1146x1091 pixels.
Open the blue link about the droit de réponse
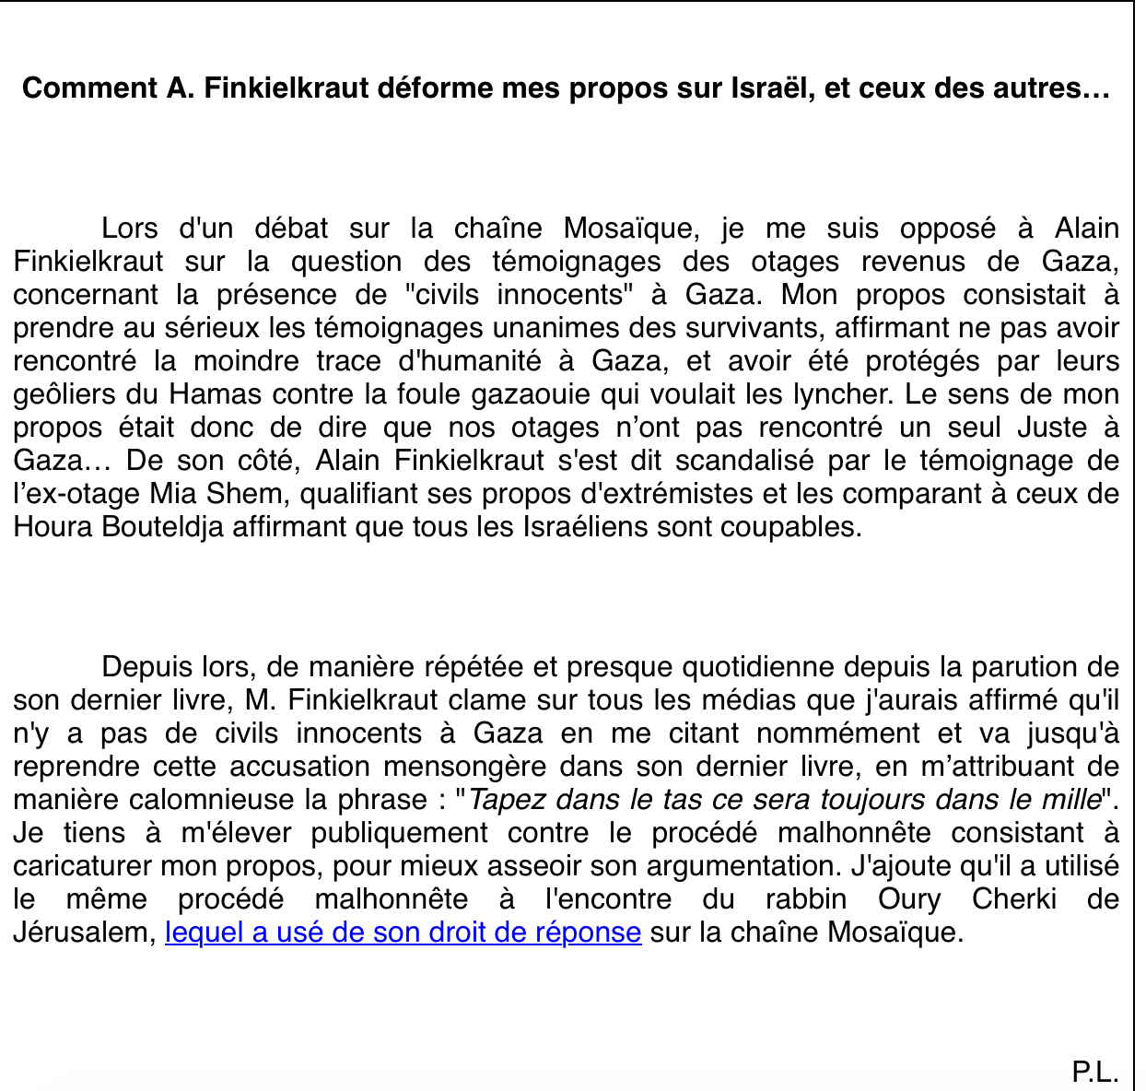tap(403, 933)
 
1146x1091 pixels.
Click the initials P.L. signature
tap(1095, 1072)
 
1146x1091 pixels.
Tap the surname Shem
tap(257, 494)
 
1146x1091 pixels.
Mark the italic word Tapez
tap(509, 800)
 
